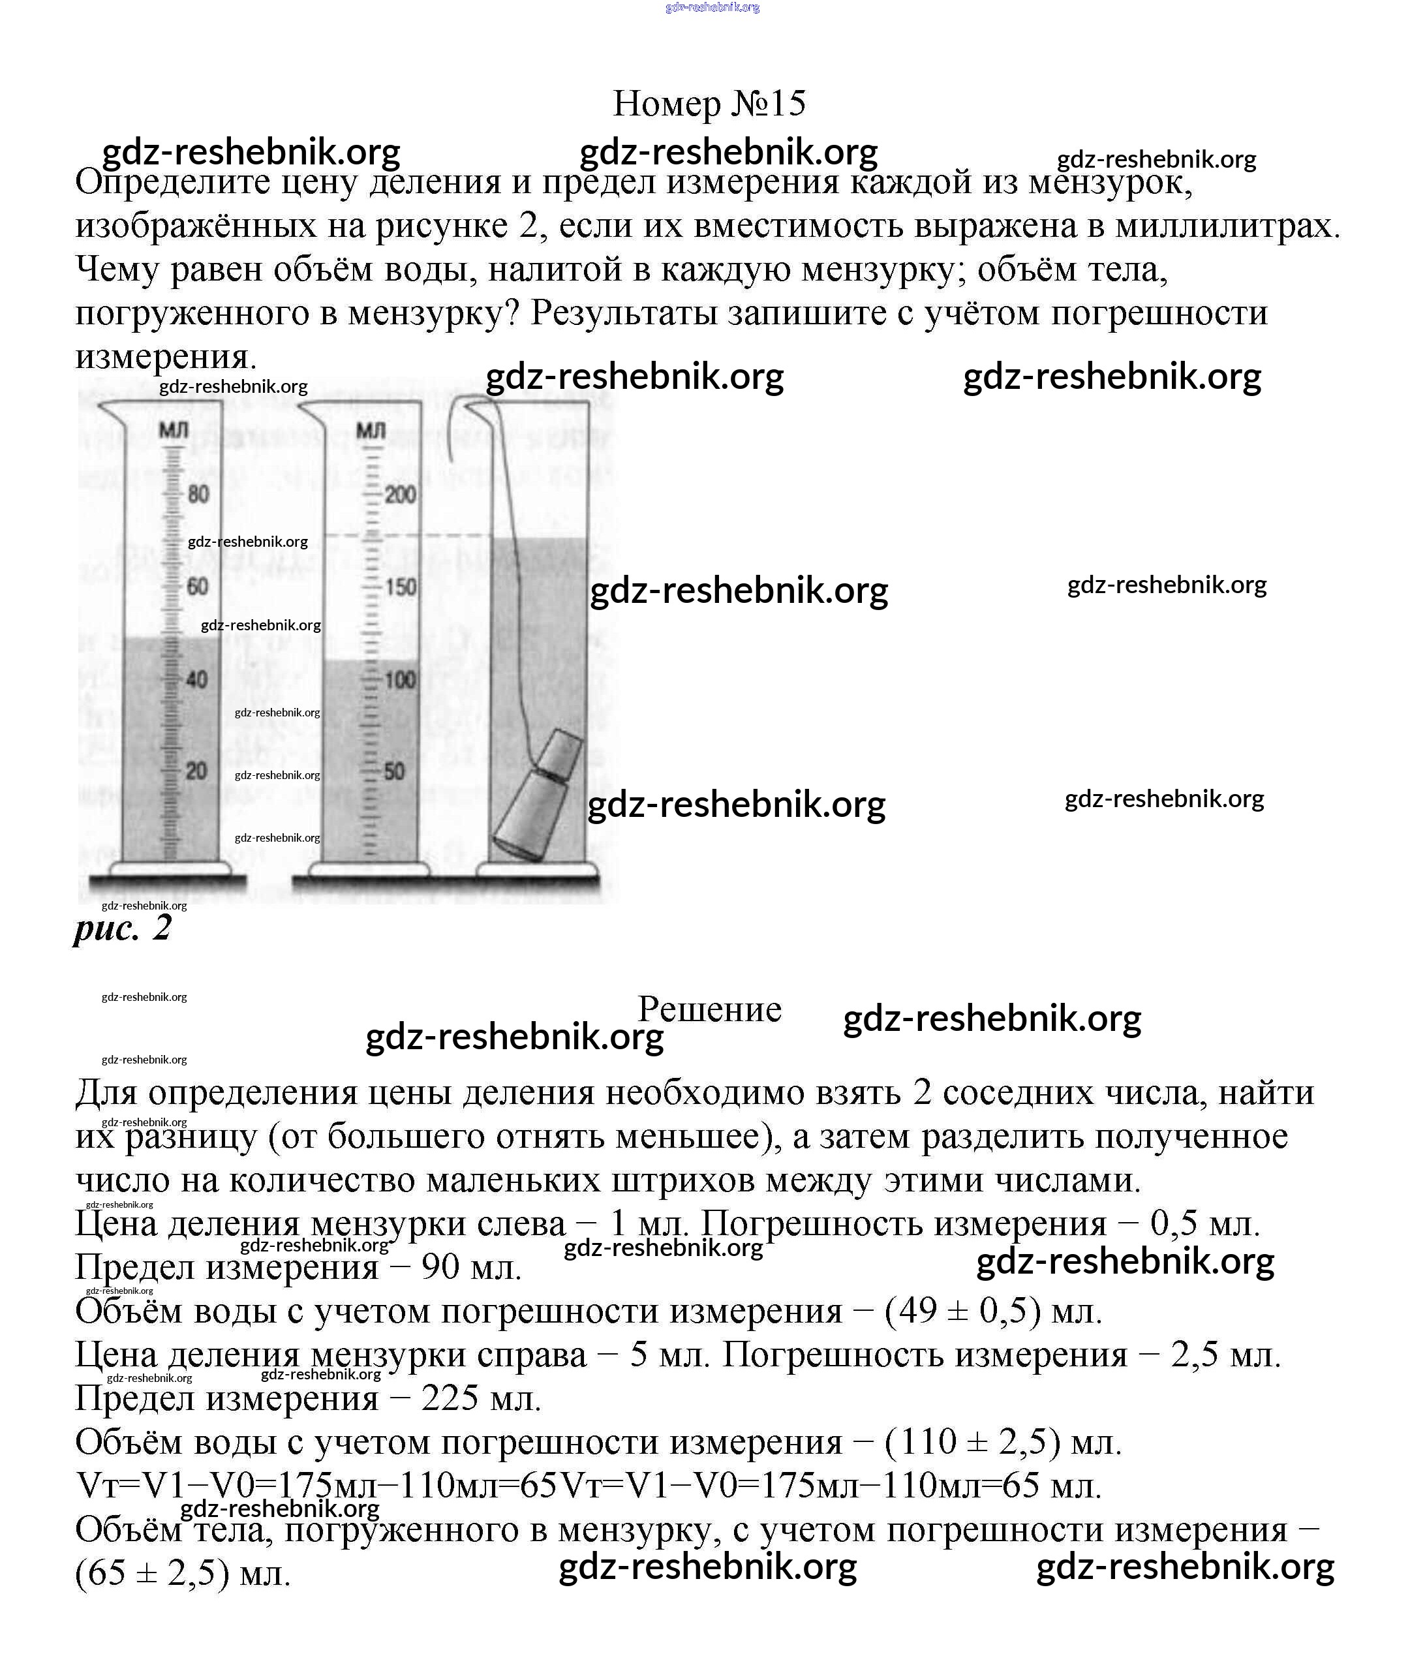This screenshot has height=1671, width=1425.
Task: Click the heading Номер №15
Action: (709, 104)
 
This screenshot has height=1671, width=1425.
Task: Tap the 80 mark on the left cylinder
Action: (198, 493)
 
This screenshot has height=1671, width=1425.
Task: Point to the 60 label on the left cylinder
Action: (198, 587)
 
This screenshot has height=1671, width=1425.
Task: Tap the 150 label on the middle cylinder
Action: (400, 587)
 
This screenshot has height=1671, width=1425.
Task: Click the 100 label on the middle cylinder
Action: (400, 680)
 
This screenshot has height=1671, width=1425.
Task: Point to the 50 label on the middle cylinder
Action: (394, 772)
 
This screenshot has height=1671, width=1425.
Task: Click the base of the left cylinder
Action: (170, 869)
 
